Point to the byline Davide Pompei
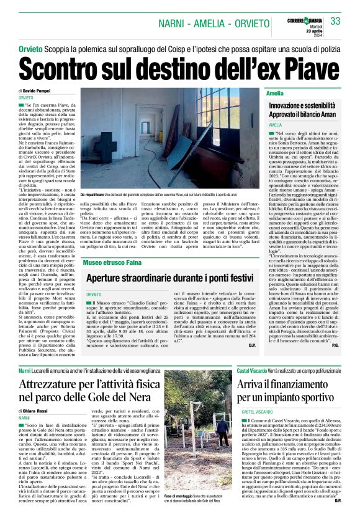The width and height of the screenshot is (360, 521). coord(39,91)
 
